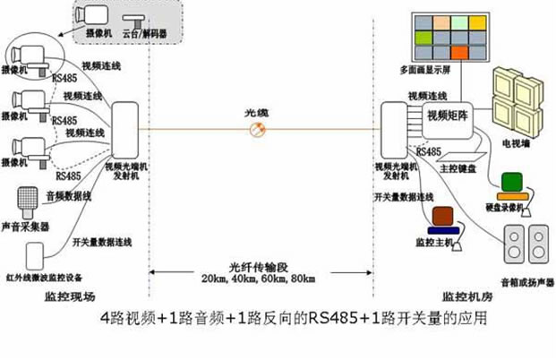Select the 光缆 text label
257,113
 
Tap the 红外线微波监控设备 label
39,279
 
